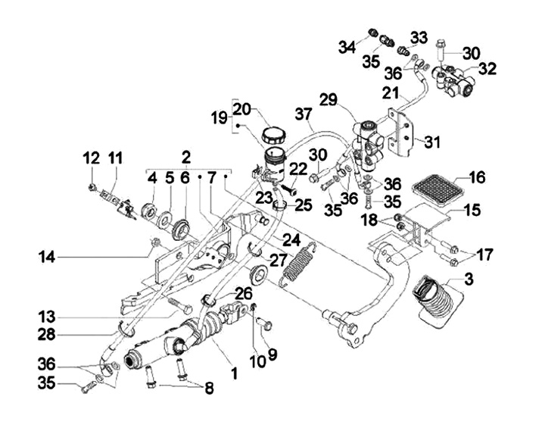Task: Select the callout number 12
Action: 91,158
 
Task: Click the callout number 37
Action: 304,115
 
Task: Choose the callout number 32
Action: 487,69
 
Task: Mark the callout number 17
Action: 484,255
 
